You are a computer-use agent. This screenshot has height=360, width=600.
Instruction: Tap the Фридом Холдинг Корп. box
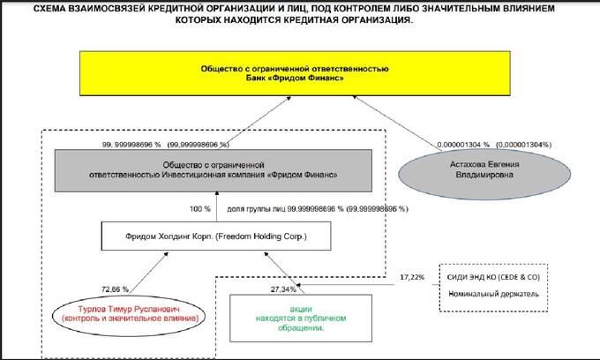coord(217,236)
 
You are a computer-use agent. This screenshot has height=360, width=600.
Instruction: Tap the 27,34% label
coord(284,288)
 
